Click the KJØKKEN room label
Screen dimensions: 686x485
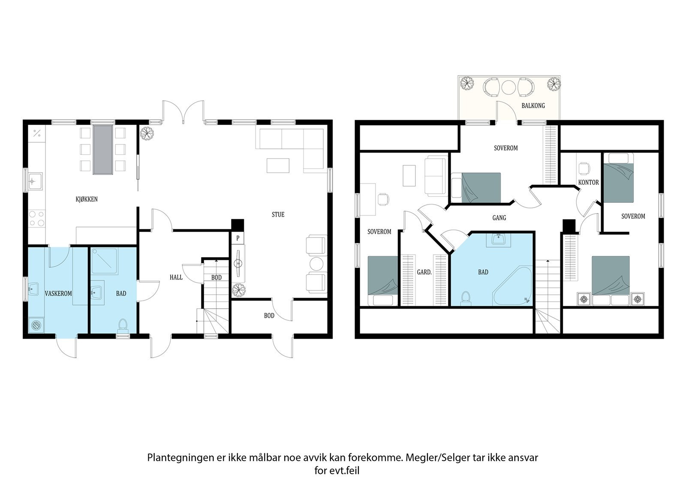87,199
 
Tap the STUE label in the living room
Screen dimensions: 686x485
278,214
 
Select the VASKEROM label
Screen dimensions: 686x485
58,293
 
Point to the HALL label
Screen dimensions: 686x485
176,277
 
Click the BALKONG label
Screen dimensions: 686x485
533,105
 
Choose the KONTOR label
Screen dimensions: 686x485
588,183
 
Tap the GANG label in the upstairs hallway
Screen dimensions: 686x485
499,218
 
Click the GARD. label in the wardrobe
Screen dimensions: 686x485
424,272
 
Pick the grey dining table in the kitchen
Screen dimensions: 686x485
103,150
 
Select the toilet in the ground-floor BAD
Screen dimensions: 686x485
123,325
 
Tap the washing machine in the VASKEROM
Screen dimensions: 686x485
36,325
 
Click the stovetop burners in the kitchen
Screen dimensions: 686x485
36,218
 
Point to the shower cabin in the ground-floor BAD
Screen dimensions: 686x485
105,261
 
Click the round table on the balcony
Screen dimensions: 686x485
509,87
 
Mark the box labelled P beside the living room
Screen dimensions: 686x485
238,238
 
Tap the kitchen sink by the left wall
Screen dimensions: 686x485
35,181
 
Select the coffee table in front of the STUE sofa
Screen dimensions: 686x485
278,166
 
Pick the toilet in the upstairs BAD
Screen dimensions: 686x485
466,298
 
